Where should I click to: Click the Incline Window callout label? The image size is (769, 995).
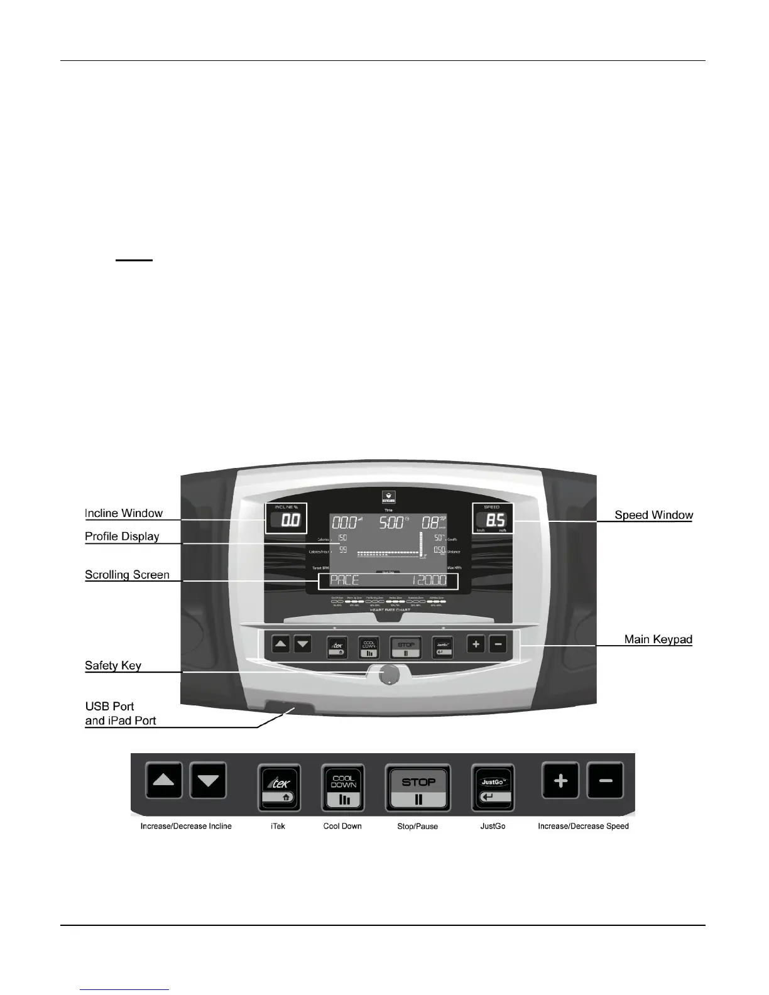point(124,513)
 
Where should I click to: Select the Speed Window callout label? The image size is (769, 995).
point(653,515)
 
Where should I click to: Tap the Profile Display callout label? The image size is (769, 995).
point(122,536)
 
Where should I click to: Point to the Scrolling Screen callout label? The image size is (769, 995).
point(127,575)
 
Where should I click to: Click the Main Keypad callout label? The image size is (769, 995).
point(658,639)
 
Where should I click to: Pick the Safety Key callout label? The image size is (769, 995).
point(113,665)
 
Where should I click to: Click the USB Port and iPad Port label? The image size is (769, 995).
point(120,714)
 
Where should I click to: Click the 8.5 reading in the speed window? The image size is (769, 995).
point(495,521)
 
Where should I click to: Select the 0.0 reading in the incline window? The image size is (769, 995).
point(290,521)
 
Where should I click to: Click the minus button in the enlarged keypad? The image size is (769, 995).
point(606,781)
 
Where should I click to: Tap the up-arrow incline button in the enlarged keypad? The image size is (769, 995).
point(164,781)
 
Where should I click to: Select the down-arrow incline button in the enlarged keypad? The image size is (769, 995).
point(208,781)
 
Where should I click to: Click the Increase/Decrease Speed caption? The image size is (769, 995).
point(583,826)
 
